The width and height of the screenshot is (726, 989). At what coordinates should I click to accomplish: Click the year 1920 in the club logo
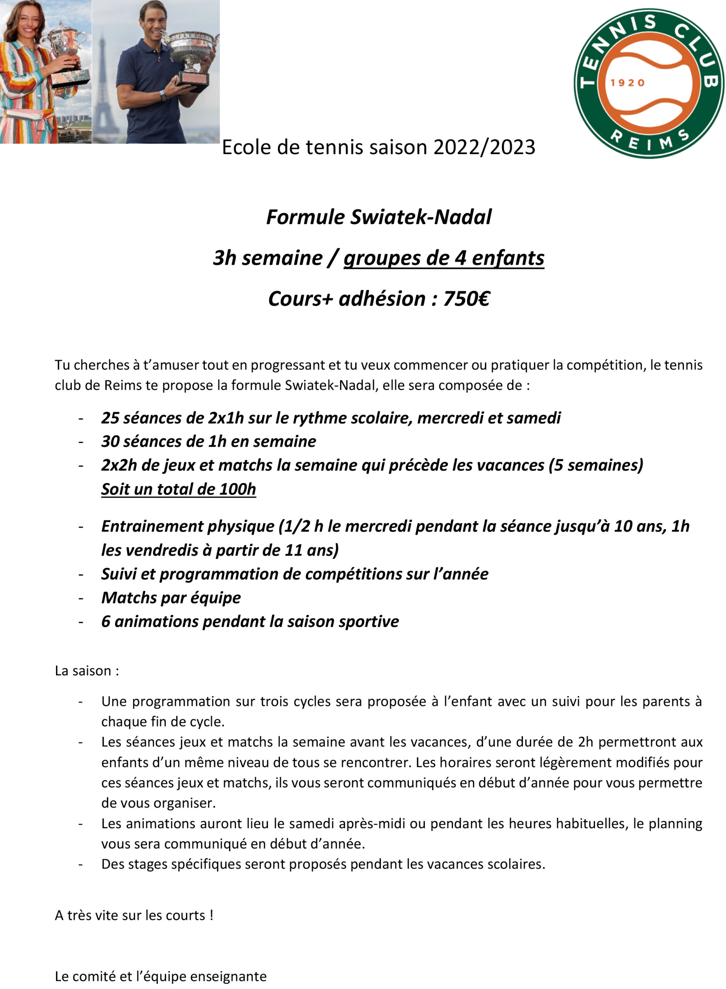[x=627, y=83]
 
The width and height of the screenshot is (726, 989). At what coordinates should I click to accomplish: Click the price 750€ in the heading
[x=466, y=299]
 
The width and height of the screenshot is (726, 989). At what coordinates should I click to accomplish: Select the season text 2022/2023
[x=484, y=147]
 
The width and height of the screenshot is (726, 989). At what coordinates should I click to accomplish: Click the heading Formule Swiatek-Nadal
[x=378, y=217]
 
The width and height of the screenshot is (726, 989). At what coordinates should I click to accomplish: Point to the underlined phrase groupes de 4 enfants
[x=443, y=258]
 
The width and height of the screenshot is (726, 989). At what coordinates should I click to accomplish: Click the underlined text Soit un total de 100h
[x=178, y=489]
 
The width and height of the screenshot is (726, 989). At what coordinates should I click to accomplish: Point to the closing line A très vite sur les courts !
[x=134, y=916]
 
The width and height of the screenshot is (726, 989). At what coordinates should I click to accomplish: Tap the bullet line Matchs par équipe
[x=171, y=598]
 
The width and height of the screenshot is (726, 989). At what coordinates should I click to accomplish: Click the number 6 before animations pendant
[x=105, y=622]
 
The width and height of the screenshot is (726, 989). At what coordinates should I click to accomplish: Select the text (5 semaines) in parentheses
[x=595, y=465]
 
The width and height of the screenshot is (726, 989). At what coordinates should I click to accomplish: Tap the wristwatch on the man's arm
[x=163, y=95]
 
